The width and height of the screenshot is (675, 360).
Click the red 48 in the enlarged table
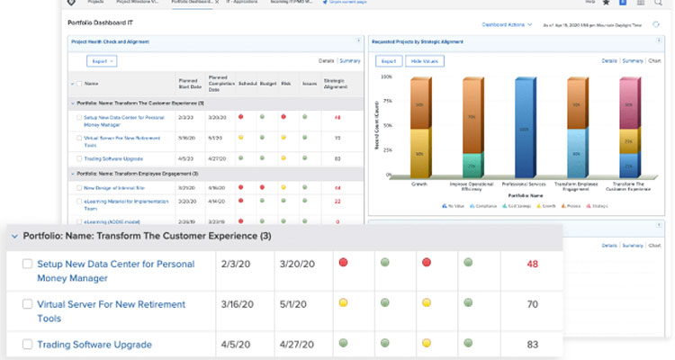[x=532, y=264]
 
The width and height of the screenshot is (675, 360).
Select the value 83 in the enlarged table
[x=532, y=344]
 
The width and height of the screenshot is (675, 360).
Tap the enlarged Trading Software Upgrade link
[x=94, y=344]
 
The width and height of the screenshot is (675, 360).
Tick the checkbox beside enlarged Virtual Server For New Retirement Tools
[x=27, y=304]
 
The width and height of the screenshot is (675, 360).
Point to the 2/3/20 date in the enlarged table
[x=233, y=264]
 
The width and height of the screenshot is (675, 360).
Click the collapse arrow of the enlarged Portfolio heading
[x=13, y=236]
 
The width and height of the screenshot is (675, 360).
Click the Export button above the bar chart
[x=387, y=61]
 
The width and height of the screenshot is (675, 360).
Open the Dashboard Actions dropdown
[x=504, y=24]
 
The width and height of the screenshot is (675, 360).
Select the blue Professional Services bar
[x=526, y=126]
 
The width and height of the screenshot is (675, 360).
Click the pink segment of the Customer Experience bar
[x=630, y=99]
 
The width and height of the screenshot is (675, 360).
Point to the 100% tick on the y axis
[x=385, y=76]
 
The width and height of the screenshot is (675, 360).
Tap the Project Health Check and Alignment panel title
[x=112, y=41]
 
